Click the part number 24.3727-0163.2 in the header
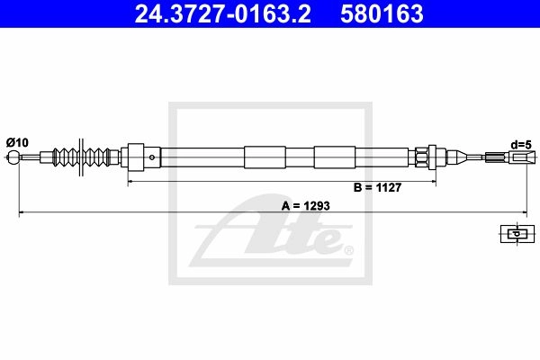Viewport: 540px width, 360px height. tap(223, 13)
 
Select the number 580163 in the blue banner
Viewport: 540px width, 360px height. tap(382, 13)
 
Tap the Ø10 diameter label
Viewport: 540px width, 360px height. tap(17, 142)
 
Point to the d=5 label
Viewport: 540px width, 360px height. tap(521, 145)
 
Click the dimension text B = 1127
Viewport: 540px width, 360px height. tap(377, 187)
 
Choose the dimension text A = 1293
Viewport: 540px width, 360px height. tap(306, 206)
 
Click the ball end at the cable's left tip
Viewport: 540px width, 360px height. tap(13, 157)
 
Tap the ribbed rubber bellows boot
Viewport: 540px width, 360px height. tap(82, 157)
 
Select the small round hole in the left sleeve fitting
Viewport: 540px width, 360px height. tap(152, 157)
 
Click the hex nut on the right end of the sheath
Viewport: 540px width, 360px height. tap(421, 157)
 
